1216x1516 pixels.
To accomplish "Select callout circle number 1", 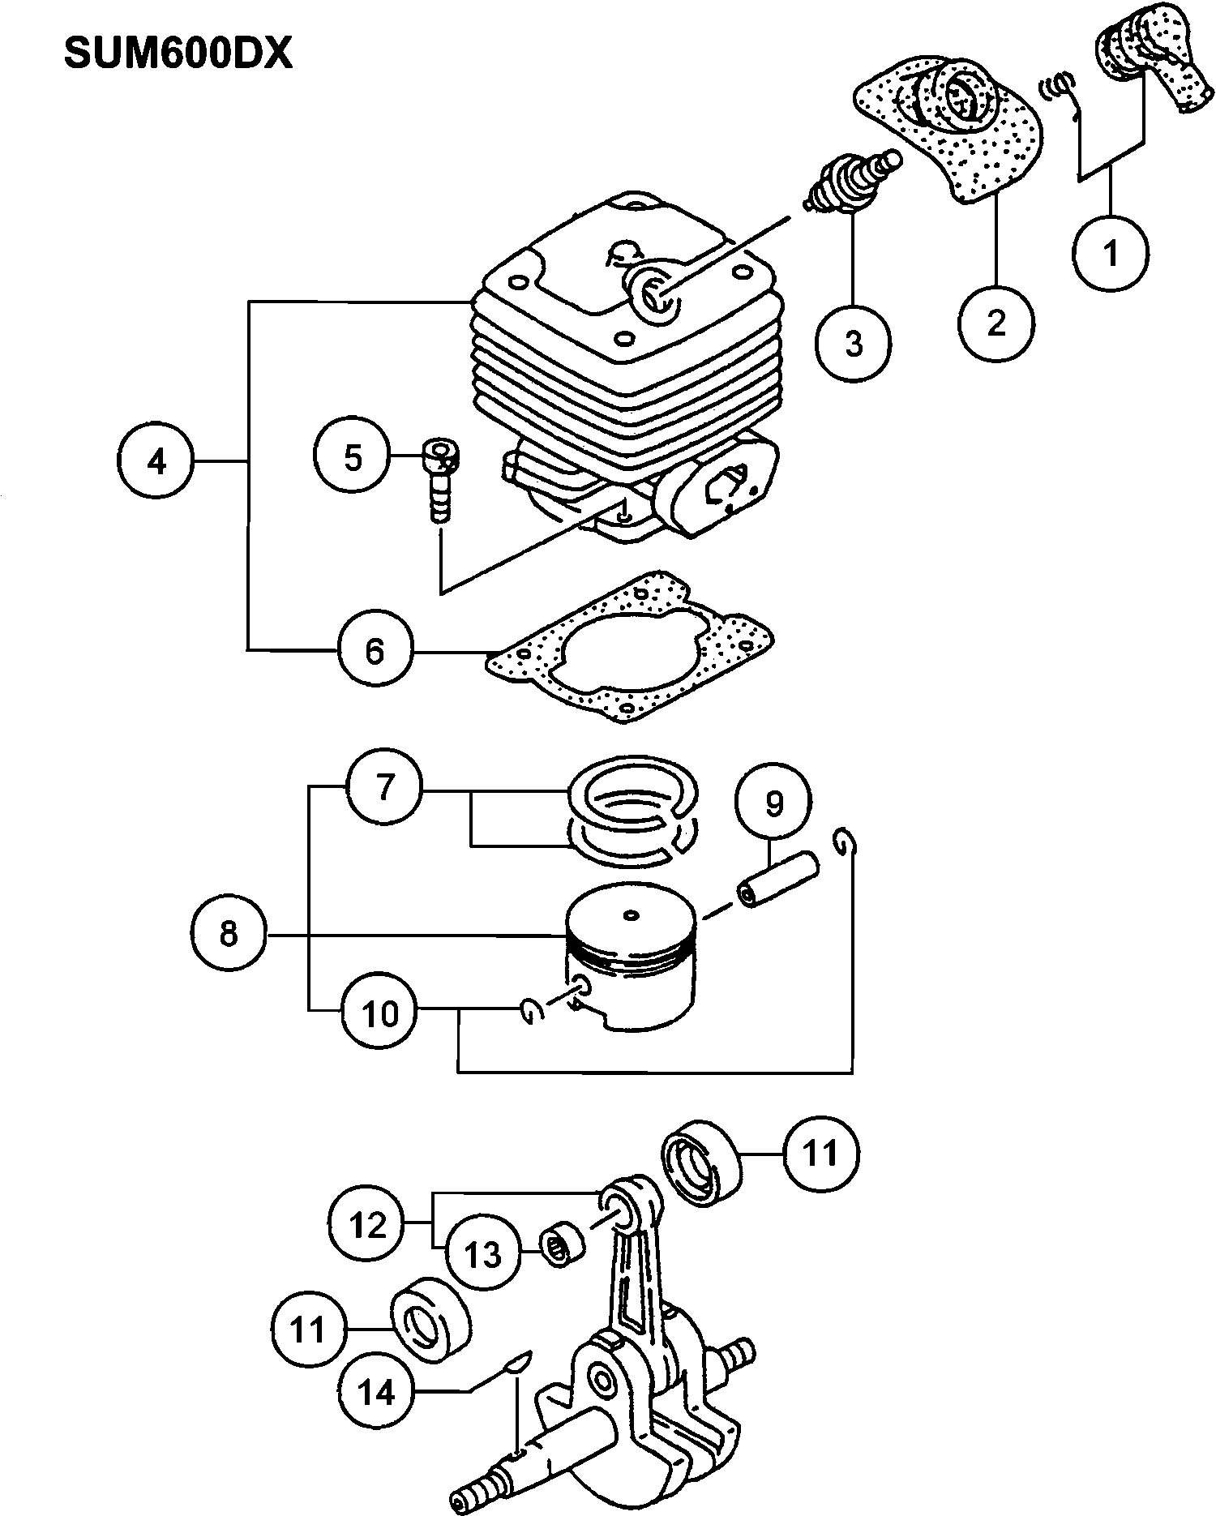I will [1111, 252].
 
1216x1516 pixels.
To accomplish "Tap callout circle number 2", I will [995, 323].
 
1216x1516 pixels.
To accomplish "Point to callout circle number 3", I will [853, 343].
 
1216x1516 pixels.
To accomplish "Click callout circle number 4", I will [156, 461].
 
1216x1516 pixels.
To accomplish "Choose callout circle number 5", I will [353, 457].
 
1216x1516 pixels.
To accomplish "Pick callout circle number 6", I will [375, 650].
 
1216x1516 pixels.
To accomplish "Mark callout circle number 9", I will [773, 803].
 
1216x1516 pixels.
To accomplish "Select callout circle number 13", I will [483, 1254].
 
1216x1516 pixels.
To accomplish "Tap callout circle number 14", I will [375, 1392].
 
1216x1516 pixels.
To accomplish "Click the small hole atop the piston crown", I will [630, 916].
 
